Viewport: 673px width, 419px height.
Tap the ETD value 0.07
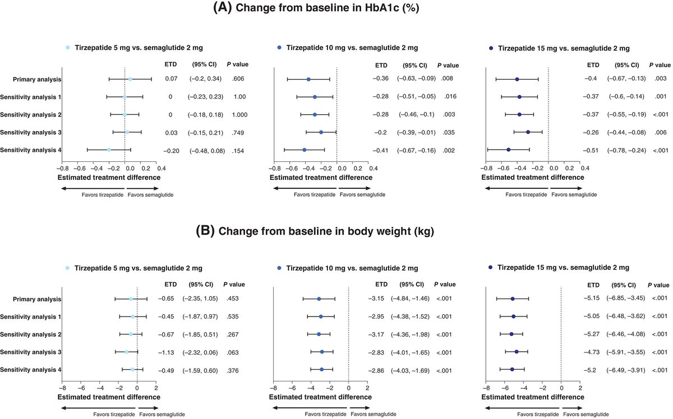pos(171,80)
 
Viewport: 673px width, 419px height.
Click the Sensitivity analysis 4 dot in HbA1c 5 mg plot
pos(109,150)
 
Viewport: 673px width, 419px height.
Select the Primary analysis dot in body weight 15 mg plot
pos(513,299)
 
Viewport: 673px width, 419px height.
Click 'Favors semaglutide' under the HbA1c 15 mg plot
pos(574,194)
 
